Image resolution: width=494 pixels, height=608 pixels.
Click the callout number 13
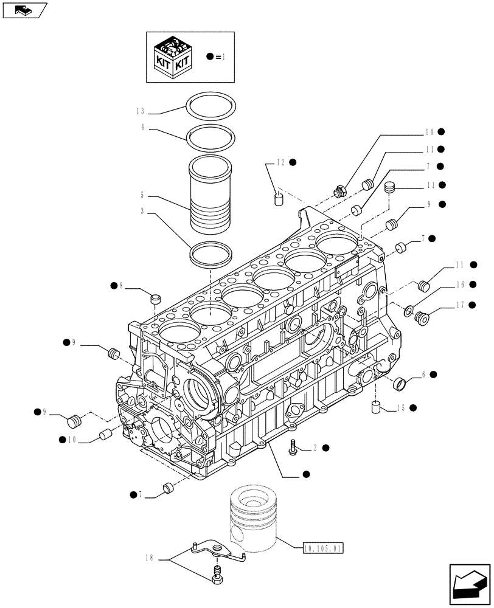click(140, 111)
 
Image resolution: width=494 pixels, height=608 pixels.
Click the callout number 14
click(429, 131)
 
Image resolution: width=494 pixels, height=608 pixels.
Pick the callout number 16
click(461, 285)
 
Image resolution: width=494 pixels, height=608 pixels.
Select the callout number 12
click(280, 162)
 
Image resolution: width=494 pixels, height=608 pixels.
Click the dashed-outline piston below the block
click(254, 517)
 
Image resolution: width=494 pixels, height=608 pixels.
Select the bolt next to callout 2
click(293, 447)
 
